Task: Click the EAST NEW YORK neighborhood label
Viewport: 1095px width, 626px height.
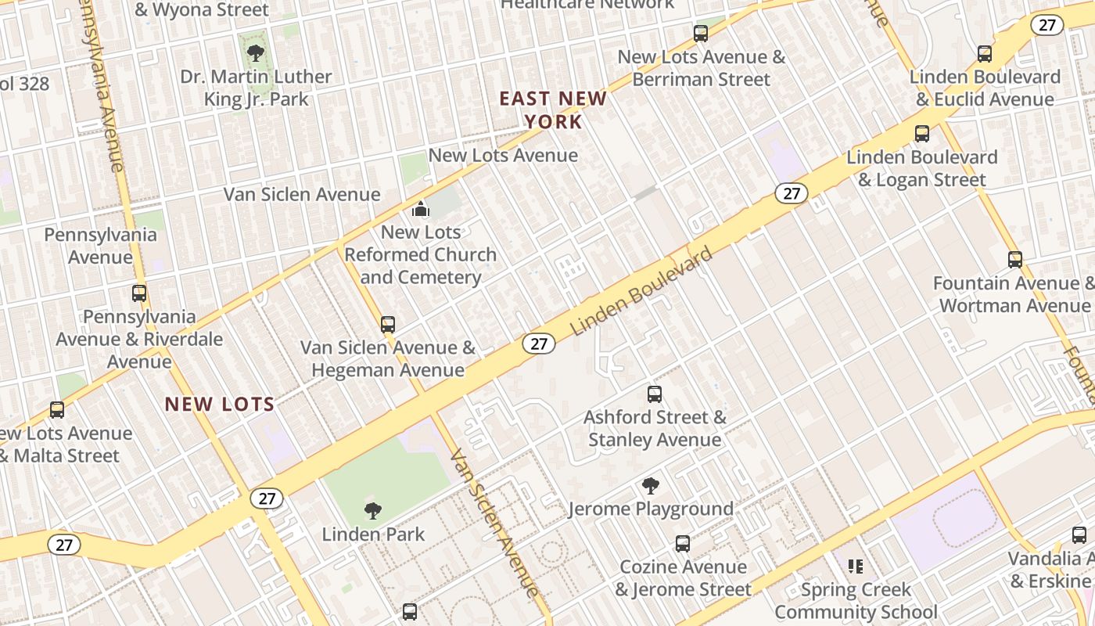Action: pyautogui.click(x=553, y=110)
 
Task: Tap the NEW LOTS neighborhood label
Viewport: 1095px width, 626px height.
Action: pyautogui.click(x=220, y=405)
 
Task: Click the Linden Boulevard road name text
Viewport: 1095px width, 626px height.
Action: pyautogui.click(x=642, y=291)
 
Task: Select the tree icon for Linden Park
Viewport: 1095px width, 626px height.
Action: pyautogui.click(x=373, y=511)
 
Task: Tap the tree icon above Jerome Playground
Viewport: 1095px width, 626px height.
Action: pyautogui.click(x=650, y=486)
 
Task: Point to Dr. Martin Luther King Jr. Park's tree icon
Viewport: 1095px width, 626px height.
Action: pyautogui.click(x=255, y=53)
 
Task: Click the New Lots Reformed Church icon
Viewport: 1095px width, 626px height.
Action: pyautogui.click(x=421, y=209)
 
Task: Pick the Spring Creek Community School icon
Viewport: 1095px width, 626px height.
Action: pyautogui.click(x=856, y=566)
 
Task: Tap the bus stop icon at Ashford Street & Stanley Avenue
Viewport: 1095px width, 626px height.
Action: pyautogui.click(x=655, y=394)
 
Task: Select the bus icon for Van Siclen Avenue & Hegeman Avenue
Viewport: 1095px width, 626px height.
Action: pyautogui.click(x=388, y=325)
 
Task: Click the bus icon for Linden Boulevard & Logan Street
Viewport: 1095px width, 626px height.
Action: pyautogui.click(x=922, y=134)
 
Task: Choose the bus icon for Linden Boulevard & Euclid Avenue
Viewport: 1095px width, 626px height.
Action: pyautogui.click(x=985, y=54)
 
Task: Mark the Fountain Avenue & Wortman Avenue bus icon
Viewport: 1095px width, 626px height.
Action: pyautogui.click(x=1015, y=260)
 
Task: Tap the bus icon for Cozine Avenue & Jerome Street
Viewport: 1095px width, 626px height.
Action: pyautogui.click(x=683, y=544)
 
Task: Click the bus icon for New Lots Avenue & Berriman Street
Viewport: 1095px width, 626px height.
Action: pyautogui.click(x=701, y=34)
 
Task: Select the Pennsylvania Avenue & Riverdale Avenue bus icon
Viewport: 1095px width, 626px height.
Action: pyautogui.click(x=139, y=293)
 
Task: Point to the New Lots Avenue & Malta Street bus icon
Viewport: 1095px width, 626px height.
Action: pyautogui.click(x=57, y=410)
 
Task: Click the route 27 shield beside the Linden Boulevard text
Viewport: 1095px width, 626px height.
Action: pyautogui.click(x=539, y=344)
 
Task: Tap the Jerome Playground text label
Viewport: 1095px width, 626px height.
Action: pyautogui.click(x=651, y=509)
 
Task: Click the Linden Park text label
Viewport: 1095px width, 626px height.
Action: pyautogui.click(x=373, y=534)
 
